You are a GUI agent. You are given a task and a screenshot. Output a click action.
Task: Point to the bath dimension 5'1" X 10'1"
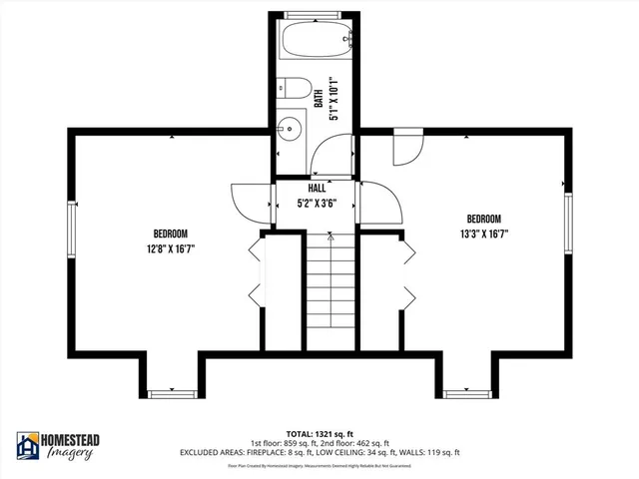(x=333, y=100)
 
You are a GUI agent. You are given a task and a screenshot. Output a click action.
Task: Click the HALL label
(x=317, y=189)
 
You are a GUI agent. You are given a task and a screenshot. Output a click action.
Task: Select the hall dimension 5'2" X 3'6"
(x=317, y=203)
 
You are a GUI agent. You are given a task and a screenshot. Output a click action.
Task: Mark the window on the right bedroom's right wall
(x=567, y=226)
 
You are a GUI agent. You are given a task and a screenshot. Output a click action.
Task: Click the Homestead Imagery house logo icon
(x=28, y=445)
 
